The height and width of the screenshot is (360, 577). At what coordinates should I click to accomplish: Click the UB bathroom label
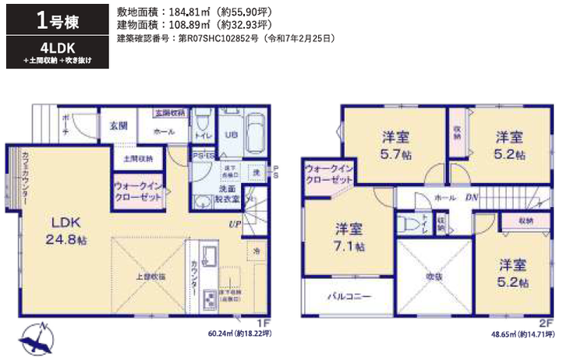click(232, 134)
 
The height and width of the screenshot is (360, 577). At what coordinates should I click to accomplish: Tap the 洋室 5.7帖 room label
click(395, 145)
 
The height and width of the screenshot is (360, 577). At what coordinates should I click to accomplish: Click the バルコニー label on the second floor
click(349, 297)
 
